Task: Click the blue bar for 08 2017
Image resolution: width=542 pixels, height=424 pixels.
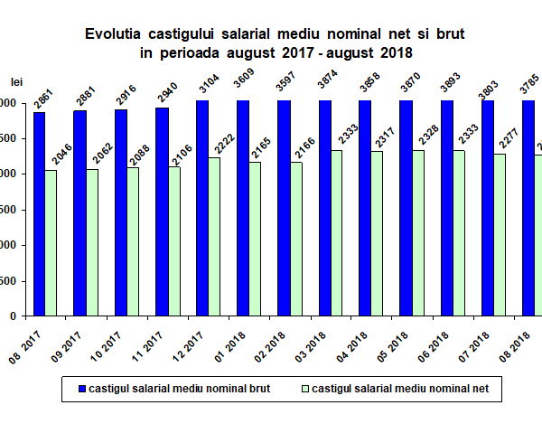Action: tap(39, 213)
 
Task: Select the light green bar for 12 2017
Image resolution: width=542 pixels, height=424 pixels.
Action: tap(213, 237)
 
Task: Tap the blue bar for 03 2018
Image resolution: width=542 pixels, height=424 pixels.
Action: tap(323, 208)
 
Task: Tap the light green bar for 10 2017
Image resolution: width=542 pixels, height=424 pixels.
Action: tap(132, 241)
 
